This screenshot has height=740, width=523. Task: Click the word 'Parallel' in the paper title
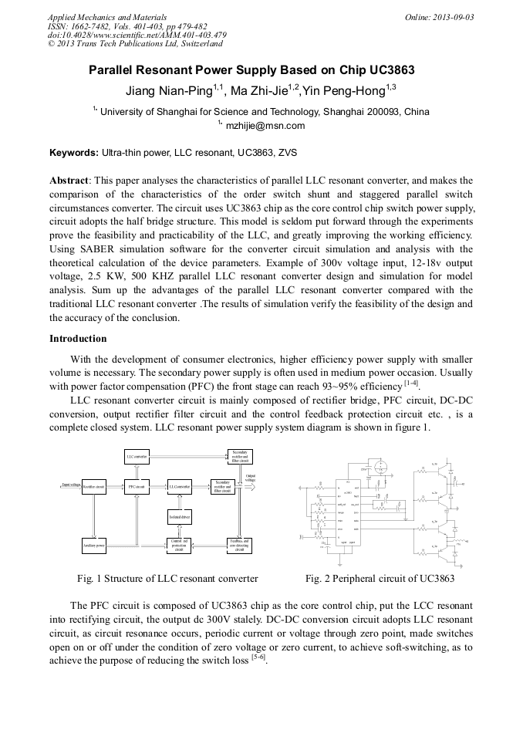pyautogui.click(x=114, y=70)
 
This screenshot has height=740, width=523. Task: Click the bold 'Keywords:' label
pyautogui.click(x=74, y=153)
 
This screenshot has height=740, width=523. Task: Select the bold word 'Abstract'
pyautogui.click(x=69, y=180)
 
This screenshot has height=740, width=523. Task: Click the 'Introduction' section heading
pyautogui.click(x=78, y=338)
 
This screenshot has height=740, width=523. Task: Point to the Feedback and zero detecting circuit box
pyautogui.click(x=240, y=546)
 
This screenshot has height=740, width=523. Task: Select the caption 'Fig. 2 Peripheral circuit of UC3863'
pyautogui.click(x=380, y=578)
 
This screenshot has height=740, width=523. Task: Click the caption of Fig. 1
pyautogui.click(x=167, y=578)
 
